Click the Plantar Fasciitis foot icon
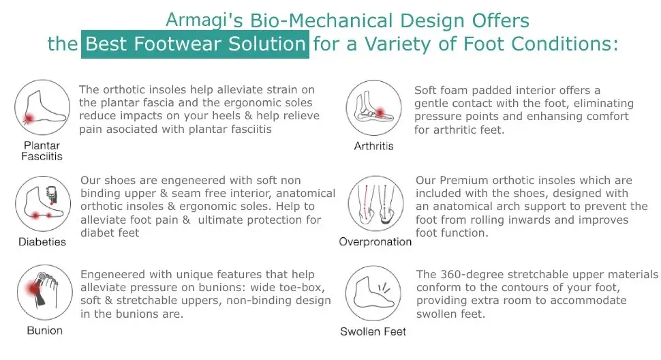coord(42,108)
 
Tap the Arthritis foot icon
coord(374,108)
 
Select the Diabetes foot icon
coord(43,204)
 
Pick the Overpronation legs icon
coord(376,204)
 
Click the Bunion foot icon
coord(45,292)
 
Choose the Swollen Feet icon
coord(373,293)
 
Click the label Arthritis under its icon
coord(373,146)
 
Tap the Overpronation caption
coord(375,241)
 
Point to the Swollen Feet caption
coord(373,332)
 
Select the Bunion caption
coord(45,331)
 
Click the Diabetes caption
coord(42,242)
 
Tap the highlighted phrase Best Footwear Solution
coord(195,44)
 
